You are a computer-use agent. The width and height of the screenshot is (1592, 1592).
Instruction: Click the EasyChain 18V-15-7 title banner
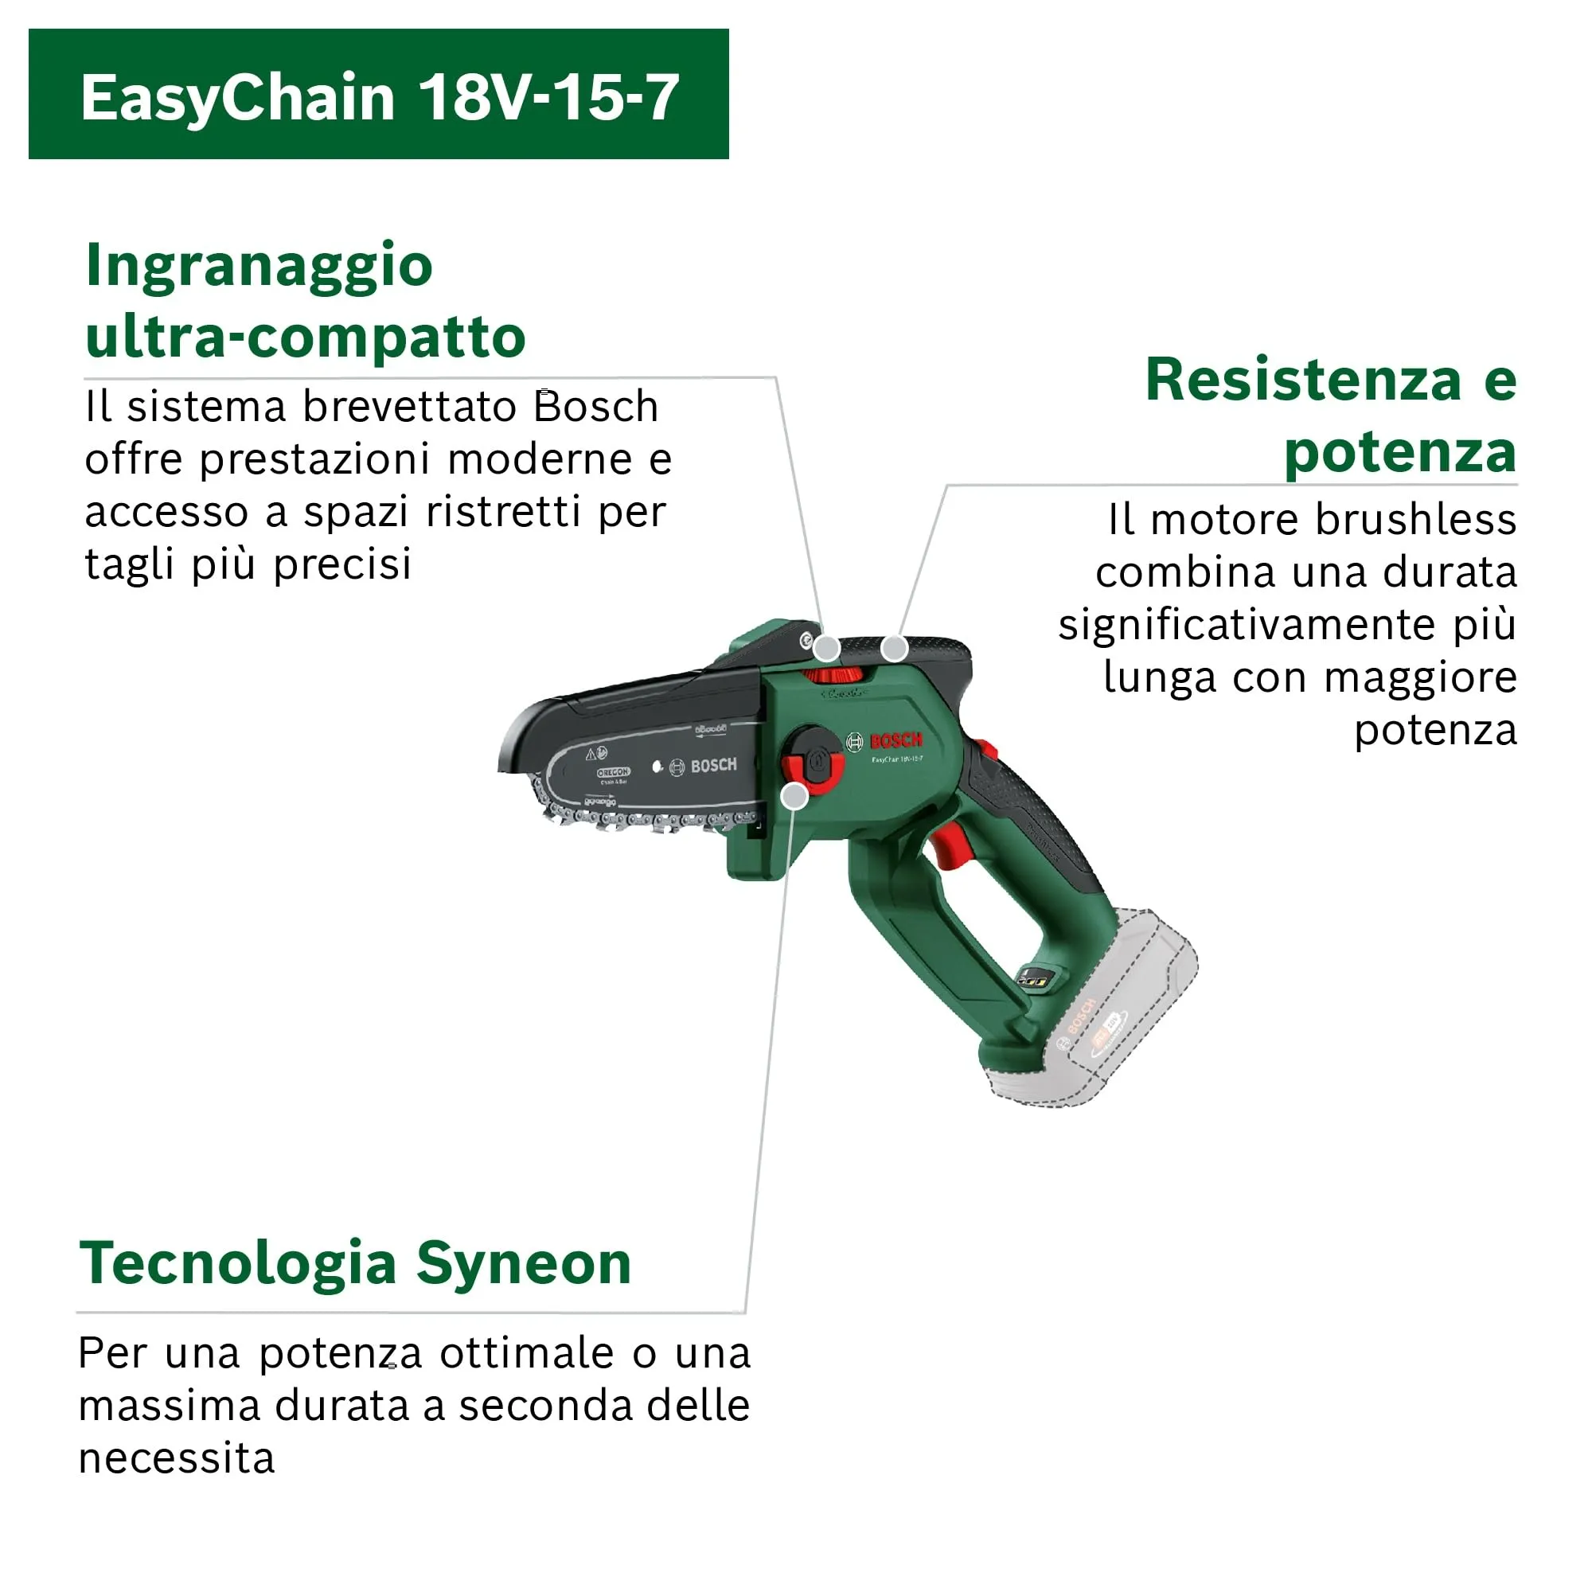(378, 95)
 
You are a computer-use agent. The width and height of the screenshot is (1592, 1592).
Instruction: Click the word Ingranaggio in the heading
(259, 265)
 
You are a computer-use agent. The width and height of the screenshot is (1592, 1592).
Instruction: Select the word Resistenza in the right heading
(1303, 380)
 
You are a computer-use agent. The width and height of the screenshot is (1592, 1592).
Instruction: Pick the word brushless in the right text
(1414, 520)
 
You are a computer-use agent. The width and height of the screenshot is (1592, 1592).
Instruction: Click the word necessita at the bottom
(177, 1457)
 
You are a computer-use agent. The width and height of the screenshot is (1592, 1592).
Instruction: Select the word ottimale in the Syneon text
(526, 1353)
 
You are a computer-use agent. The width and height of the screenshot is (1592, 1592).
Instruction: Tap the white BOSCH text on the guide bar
(712, 767)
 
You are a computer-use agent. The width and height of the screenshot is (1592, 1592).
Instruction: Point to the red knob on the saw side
(813, 763)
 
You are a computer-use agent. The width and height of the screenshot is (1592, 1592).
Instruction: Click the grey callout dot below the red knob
(794, 796)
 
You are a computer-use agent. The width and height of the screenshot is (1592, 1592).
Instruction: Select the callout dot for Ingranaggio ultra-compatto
(826, 649)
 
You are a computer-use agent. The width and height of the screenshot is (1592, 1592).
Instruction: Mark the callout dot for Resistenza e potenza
(894, 649)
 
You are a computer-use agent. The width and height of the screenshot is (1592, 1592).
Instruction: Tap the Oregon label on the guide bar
(612, 773)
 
